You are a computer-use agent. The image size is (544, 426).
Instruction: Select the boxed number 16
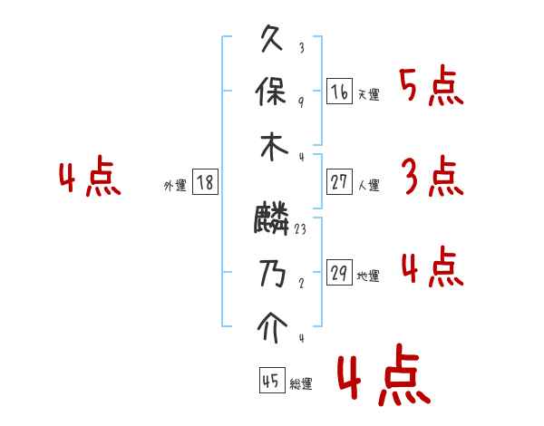pyautogui.click(x=339, y=91)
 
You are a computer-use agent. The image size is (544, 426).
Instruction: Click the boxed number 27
pyautogui.click(x=339, y=182)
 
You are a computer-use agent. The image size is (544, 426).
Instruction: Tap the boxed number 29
pyautogui.click(x=339, y=273)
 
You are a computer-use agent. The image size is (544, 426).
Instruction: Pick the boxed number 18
pyautogui.click(x=205, y=182)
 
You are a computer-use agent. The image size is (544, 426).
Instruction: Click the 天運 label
pyautogui.click(x=368, y=94)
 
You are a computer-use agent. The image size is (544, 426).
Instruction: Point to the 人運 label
pyautogui.click(x=368, y=186)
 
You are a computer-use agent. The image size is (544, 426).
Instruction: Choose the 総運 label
pyautogui.click(x=300, y=383)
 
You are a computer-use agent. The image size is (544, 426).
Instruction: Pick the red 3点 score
pyautogui.click(x=431, y=177)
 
